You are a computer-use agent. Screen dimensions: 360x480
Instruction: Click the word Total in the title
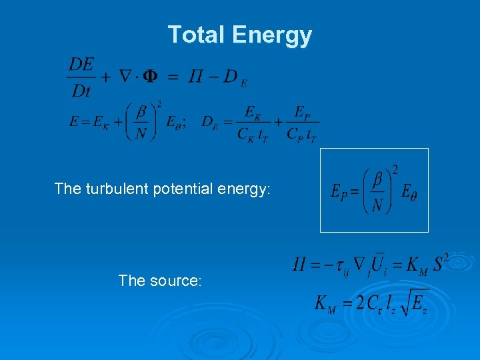193,34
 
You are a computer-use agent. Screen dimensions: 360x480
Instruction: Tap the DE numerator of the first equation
81,65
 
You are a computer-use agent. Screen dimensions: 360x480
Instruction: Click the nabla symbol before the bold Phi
125,77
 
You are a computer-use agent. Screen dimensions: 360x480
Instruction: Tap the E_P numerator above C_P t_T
301,111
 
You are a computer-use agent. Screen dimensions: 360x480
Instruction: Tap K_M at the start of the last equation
326,304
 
